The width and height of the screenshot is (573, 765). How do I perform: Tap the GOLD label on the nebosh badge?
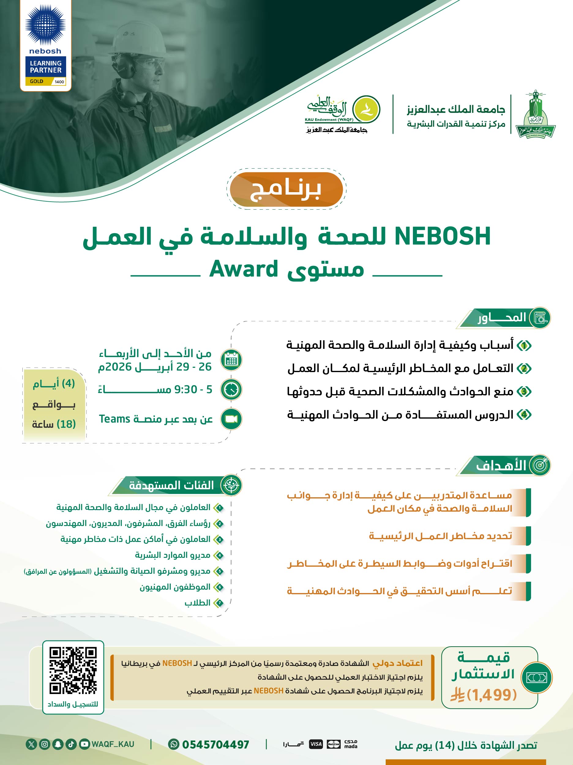coord(37,81)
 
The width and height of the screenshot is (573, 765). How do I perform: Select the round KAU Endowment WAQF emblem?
coord(366,109)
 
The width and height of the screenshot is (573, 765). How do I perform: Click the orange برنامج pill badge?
coord(286,189)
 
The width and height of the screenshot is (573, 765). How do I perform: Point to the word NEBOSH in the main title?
coord(443,237)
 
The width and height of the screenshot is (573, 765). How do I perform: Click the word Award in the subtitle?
coord(244,269)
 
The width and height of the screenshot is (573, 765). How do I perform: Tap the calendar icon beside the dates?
coord(231,360)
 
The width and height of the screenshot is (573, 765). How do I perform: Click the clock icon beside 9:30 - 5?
coord(231,390)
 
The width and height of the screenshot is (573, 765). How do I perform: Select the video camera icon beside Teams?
coord(231,419)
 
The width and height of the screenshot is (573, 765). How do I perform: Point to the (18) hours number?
coord(66,424)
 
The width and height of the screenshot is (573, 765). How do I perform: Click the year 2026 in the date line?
coord(114,367)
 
